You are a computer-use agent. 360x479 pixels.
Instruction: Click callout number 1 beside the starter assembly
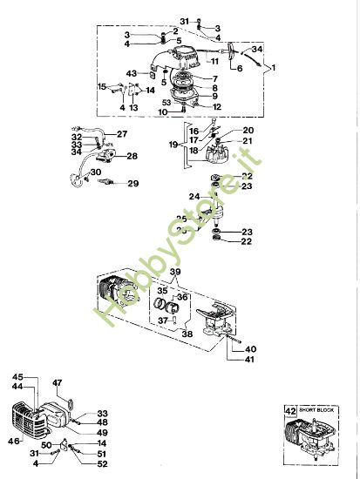[x=273, y=67]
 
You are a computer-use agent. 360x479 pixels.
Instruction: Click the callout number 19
[x=173, y=144]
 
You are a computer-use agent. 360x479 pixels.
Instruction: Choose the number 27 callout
[x=121, y=133]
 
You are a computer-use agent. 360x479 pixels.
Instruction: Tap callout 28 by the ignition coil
[x=132, y=156]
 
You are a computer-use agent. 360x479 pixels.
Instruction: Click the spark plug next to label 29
[x=109, y=184]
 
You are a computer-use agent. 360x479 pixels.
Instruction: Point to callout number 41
[x=250, y=359]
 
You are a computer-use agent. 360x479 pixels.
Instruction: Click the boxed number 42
[x=290, y=407]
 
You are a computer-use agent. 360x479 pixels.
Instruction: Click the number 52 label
[x=103, y=464]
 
